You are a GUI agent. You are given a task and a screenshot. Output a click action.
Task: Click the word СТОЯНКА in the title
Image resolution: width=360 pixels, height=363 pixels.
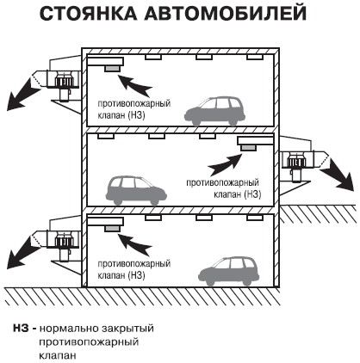[89, 14]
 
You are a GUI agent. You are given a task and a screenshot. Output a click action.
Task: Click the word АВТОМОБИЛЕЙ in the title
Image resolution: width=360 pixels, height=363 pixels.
[226, 14]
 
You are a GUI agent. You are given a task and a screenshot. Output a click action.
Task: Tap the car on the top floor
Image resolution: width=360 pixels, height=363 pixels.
[214, 111]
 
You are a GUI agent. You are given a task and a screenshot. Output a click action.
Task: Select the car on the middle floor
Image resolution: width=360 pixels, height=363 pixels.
[136, 190]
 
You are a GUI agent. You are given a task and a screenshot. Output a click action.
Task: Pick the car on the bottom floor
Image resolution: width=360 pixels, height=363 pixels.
[229, 271]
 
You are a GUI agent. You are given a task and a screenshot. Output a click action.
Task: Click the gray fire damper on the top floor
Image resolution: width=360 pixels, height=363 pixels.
[112, 69]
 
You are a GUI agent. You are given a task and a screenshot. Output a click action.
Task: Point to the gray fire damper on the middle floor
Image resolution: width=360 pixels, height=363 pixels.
[248, 148]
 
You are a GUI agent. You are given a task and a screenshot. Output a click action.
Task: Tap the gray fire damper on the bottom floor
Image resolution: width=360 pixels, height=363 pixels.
[112, 229]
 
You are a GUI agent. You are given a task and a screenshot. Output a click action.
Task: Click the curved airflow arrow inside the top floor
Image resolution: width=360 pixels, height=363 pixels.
[134, 85]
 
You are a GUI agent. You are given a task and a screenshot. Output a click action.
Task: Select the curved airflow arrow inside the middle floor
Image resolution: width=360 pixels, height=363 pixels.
[225, 164]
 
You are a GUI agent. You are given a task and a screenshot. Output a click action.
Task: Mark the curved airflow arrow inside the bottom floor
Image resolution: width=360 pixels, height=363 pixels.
[134, 245]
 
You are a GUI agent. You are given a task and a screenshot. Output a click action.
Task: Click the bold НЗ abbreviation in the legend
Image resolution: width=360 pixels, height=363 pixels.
[21, 328]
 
